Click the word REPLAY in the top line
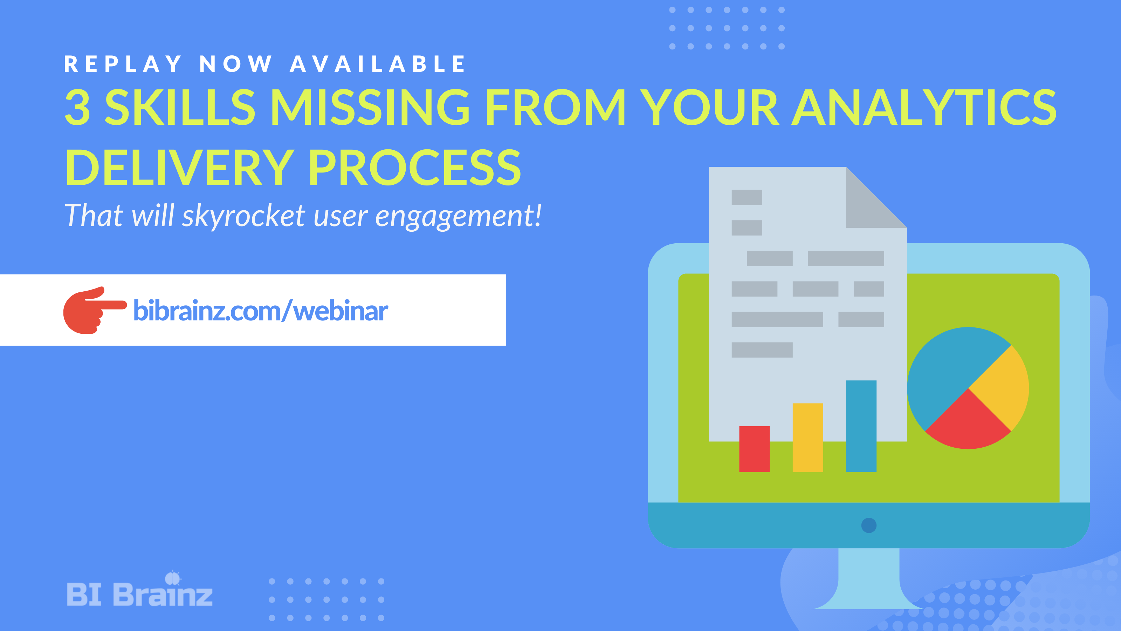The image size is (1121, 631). [x=123, y=64]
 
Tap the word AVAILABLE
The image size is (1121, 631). [x=378, y=64]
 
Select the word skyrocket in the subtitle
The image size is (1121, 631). [x=244, y=216]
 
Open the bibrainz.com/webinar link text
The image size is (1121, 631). [x=260, y=311]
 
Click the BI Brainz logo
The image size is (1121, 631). [x=139, y=592]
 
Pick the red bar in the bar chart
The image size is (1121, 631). [x=754, y=449]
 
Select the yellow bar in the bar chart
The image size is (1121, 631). [x=808, y=437]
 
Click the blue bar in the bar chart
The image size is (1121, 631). [x=861, y=426]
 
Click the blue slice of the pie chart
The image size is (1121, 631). [x=949, y=370]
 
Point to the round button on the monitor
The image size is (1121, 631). [x=869, y=525]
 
